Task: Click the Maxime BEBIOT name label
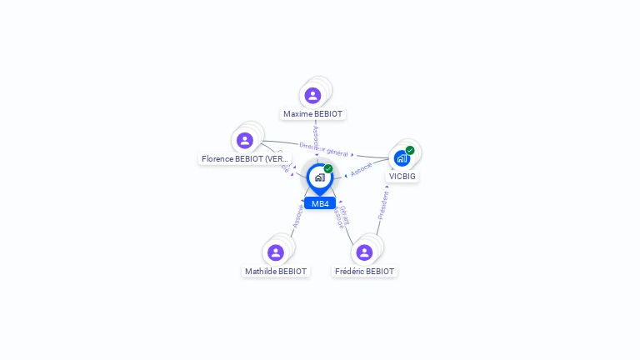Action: pyautogui.click(x=312, y=114)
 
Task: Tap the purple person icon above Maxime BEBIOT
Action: pyautogui.click(x=312, y=96)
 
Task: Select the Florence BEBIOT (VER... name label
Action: pyautogui.click(x=245, y=158)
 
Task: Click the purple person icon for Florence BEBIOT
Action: pyautogui.click(x=244, y=140)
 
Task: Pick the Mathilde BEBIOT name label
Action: pyautogui.click(x=276, y=272)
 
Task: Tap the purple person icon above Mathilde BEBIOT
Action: pyautogui.click(x=276, y=252)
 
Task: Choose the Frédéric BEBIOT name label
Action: pyautogui.click(x=364, y=272)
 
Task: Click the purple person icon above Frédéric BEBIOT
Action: pyautogui.click(x=364, y=252)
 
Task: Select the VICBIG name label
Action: pyautogui.click(x=402, y=177)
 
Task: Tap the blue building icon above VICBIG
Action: pyautogui.click(x=402, y=158)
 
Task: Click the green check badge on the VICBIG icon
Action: pyautogui.click(x=410, y=151)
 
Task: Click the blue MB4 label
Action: pyautogui.click(x=320, y=203)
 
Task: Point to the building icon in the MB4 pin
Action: pyautogui.click(x=319, y=177)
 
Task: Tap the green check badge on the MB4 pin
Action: pyautogui.click(x=328, y=169)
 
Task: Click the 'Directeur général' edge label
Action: pyautogui.click(x=324, y=149)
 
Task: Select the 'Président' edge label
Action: pyautogui.click(x=382, y=204)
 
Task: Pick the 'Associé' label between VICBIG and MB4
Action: pyautogui.click(x=362, y=168)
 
